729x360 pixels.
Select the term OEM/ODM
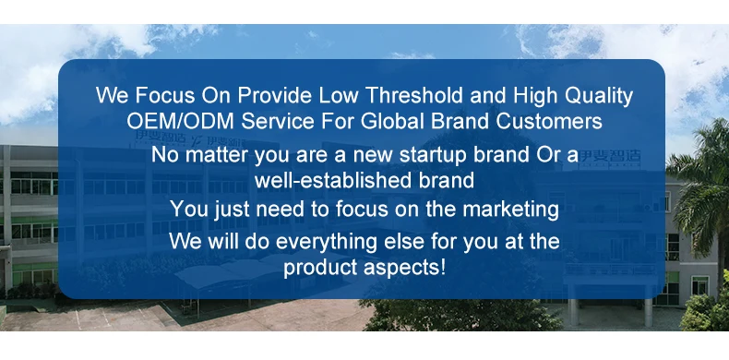pos(181,122)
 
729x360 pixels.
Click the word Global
pos(393,122)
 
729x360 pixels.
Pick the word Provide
pos(275,95)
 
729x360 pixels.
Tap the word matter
pos(217,155)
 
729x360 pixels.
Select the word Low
pos(339,95)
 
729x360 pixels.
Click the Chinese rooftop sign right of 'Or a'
pos(610,157)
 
